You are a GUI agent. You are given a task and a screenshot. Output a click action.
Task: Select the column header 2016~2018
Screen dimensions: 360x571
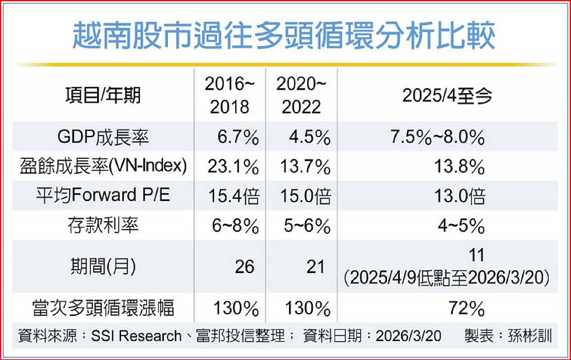230,96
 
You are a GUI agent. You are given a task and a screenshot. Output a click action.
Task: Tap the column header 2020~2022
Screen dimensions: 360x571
302,96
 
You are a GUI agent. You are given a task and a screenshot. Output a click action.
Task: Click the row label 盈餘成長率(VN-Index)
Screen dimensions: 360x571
103,167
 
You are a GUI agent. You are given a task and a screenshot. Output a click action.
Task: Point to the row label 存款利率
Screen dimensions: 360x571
103,226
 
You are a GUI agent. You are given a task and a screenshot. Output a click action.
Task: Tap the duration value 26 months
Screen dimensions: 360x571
244,266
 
